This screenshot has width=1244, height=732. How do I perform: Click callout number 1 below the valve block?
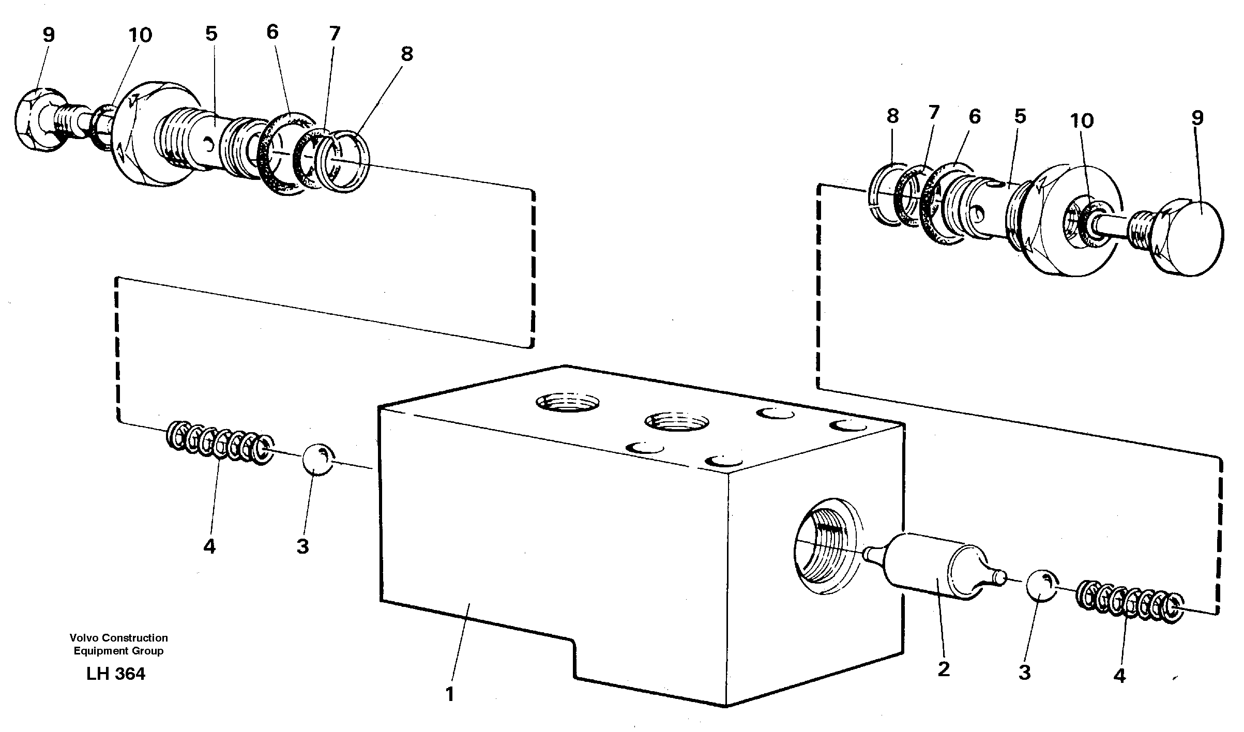[449, 694]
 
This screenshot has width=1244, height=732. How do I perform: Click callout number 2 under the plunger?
[943, 669]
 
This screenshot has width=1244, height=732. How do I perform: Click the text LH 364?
[116, 674]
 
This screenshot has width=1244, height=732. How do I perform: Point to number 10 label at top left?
[140, 35]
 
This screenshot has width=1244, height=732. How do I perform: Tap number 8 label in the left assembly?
[406, 54]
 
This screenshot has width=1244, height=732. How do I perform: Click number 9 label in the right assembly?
[1197, 118]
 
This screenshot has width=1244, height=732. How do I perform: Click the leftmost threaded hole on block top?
[567, 401]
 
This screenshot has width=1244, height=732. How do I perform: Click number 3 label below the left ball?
[302, 546]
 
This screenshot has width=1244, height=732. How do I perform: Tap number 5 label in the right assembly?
[1020, 116]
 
